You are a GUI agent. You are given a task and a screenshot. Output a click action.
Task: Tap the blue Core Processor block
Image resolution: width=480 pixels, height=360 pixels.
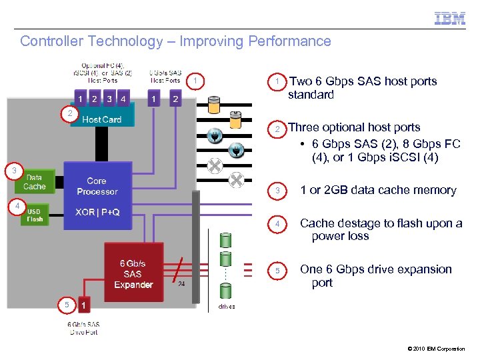[97, 186]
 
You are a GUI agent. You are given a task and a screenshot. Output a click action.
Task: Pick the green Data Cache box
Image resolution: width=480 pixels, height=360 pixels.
[35, 182]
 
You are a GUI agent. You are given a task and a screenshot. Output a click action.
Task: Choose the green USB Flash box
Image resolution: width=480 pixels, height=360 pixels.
[35, 215]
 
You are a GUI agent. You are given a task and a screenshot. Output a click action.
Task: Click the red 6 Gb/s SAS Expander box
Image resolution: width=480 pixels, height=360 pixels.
[133, 273]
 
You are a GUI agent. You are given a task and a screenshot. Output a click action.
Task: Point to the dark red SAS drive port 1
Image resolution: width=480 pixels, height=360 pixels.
[83, 305]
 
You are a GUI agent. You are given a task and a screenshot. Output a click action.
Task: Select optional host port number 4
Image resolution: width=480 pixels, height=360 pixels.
[123, 99]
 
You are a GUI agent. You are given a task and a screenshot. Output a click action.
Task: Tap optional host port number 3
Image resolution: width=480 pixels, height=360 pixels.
[109, 99]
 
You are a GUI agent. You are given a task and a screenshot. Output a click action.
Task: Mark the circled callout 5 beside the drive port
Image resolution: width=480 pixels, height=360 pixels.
[66, 305]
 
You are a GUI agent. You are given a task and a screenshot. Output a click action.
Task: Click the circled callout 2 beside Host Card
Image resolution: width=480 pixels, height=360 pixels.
[69, 113]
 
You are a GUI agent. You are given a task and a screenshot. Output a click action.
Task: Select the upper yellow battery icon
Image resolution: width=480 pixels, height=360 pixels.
[214, 105]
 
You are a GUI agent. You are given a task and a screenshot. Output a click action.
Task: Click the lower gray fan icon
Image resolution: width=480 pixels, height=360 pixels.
[235, 180]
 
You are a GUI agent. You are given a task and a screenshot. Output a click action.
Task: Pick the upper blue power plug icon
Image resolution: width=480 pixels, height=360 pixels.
[215, 136]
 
